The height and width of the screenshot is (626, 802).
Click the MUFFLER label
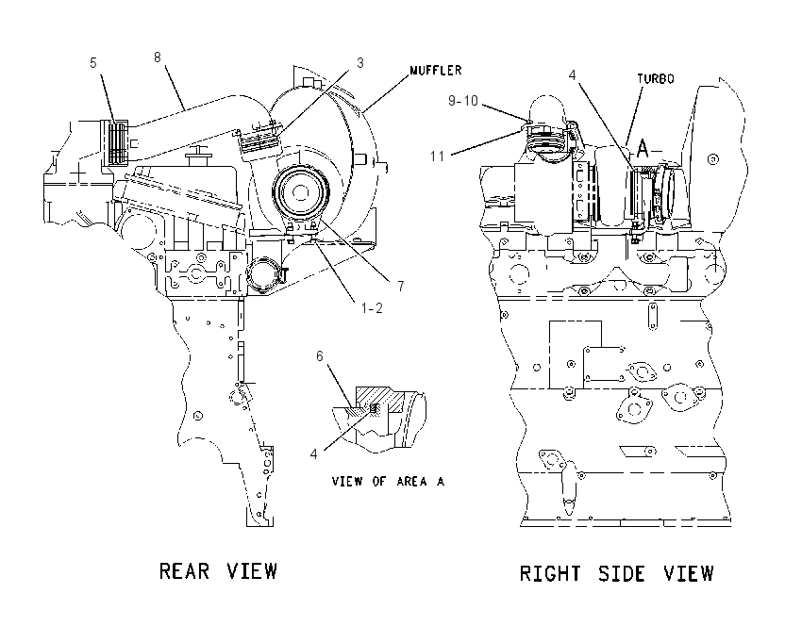click(436, 70)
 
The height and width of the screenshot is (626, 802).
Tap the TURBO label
click(655, 78)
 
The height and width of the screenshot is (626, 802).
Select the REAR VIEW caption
click(218, 570)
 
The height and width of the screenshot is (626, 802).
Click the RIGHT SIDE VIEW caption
click(616, 573)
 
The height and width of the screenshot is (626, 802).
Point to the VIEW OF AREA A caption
click(388, 482)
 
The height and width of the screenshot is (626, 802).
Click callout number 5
click(93, 63)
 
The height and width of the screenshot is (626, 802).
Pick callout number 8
click(158, 58)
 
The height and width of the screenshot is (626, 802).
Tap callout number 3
click(360, 63)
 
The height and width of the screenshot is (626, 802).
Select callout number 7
click(400, 287)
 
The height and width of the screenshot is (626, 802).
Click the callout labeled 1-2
click(372, 308)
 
